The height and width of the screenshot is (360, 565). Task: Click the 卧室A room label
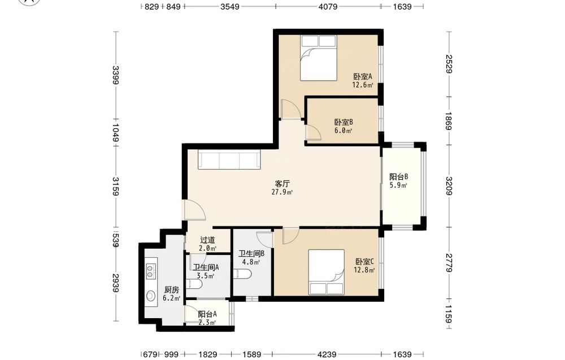coord(363,76)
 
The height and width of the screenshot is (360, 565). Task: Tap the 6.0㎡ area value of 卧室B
coord(343,131)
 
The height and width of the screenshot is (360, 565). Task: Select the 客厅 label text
coord(282,184)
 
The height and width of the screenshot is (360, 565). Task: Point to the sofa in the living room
coord(229,160)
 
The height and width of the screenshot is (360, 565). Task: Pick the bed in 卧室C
coord(327,272)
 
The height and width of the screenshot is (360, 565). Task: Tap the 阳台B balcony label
coord(398,177)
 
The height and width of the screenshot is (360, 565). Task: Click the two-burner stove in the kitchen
coord(151,272)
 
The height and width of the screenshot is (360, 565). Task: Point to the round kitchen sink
coord(151,296)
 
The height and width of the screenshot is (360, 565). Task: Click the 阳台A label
coord(207,314)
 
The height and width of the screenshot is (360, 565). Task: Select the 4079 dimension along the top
coord(328,6)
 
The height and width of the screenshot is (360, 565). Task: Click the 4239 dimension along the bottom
coord(327,354)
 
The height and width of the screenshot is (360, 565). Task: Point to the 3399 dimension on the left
coord(116,75)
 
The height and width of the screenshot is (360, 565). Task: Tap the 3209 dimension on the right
coord(449,185)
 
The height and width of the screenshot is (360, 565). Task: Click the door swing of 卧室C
coord(290,236)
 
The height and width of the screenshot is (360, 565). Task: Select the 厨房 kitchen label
coord(172,290)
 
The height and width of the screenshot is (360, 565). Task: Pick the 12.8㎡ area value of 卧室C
coord(364,270)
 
